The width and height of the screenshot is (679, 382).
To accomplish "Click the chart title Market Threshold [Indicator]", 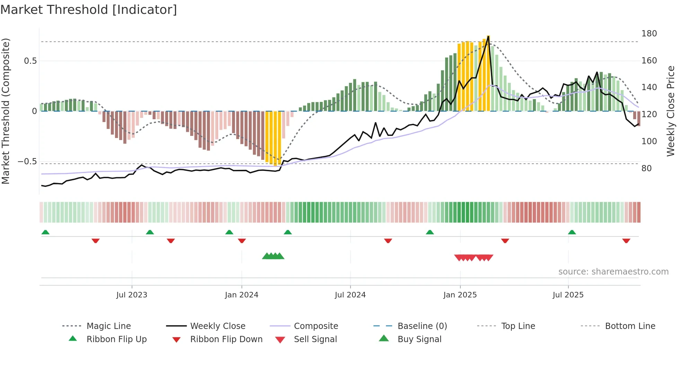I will pyautogui.click(x=89, y=10).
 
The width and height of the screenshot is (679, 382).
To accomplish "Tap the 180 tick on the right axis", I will pyautogui.click(x=649, y=34).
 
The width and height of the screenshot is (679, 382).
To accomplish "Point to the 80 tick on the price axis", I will pyautogui.click(x=646, y=168).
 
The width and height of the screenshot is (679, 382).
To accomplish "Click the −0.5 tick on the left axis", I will pyautogui.click(x=27, y=162).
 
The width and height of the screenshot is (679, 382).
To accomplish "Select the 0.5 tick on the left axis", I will pyautogui.click(x=30, y=61).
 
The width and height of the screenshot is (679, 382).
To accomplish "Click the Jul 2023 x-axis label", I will pyautogui.click(x=132, y=295).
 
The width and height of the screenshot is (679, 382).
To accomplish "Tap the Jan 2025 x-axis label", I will pyautogui.click(x=460, y=295).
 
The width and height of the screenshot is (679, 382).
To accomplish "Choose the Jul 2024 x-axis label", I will pyautogui.click(x=350, y=295).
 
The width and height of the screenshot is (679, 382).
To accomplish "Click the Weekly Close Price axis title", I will pyautogui.click(x=671, y=111).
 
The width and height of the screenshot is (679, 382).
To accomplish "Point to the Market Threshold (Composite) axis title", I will pyautogui.click(x=6, y=111).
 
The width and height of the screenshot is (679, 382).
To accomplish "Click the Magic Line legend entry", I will pyautogui.click(x=108, y=326).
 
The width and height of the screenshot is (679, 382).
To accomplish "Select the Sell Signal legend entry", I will pyautogui.click(x=315, y=339).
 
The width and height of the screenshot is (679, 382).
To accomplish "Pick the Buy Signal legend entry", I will pyautogui.click(x=419, y=339).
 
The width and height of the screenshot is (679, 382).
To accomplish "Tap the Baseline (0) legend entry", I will pyautogui.click(x=422, y=326).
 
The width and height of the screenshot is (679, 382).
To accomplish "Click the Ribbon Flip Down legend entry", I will pyautogui.click(x=226, y=339).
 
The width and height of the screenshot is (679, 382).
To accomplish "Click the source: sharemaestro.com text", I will pyautogui.click(x=613, y=272).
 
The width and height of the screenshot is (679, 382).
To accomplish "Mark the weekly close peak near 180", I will pyautogui.click(x=488, y=36).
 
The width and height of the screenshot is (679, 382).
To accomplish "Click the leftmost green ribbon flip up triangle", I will pyautogui.click(x=45, y=232).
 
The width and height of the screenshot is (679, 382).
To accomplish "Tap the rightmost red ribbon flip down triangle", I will pyautogui.click(x=626, y=241).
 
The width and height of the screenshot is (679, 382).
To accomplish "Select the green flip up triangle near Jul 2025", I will pyautogui.click(x=572, y=232).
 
